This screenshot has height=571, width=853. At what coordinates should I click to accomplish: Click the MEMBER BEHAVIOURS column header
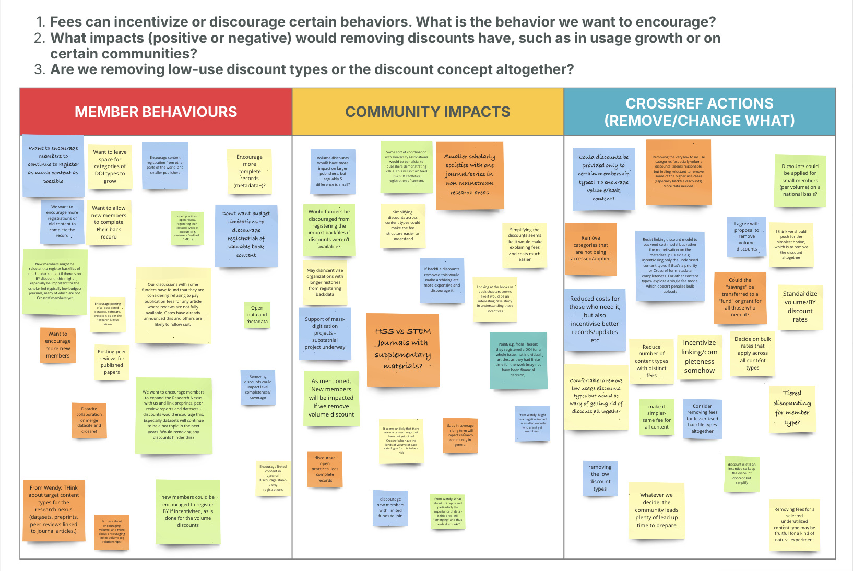[156, 112]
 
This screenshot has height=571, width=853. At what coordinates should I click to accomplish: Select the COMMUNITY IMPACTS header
[428, 112]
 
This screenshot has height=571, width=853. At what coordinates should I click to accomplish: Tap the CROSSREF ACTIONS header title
[699, 112]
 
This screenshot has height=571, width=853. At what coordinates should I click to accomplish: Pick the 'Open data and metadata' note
[257, 315]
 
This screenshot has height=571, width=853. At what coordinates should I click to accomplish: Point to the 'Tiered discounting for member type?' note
[791, 408]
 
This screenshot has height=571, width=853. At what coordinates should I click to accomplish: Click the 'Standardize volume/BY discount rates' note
[800, 306]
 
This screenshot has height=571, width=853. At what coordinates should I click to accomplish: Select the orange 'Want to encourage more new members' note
[57, 344]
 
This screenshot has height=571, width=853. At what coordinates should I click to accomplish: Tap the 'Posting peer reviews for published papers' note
[112, 362]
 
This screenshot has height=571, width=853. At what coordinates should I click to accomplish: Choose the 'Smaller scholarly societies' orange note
[469, 175]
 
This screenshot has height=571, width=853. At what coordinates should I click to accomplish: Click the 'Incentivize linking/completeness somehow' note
[699, 356]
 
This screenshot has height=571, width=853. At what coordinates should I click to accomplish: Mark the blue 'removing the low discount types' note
[600, 478]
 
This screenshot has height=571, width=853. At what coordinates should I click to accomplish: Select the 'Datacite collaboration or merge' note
[89, 420]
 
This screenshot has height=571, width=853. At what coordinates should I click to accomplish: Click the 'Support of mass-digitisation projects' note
[325, 333]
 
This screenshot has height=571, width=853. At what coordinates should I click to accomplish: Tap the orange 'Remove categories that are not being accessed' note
[590, 248]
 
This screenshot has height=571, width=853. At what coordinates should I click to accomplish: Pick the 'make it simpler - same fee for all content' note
[656, 417]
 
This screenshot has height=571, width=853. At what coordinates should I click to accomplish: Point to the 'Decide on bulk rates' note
[752, 353]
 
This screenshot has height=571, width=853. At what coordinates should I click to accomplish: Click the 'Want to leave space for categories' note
[110, 166]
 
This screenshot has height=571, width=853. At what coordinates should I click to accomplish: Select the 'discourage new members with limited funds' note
[390, 507]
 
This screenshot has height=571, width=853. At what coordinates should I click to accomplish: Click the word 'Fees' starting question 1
[66, 22]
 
